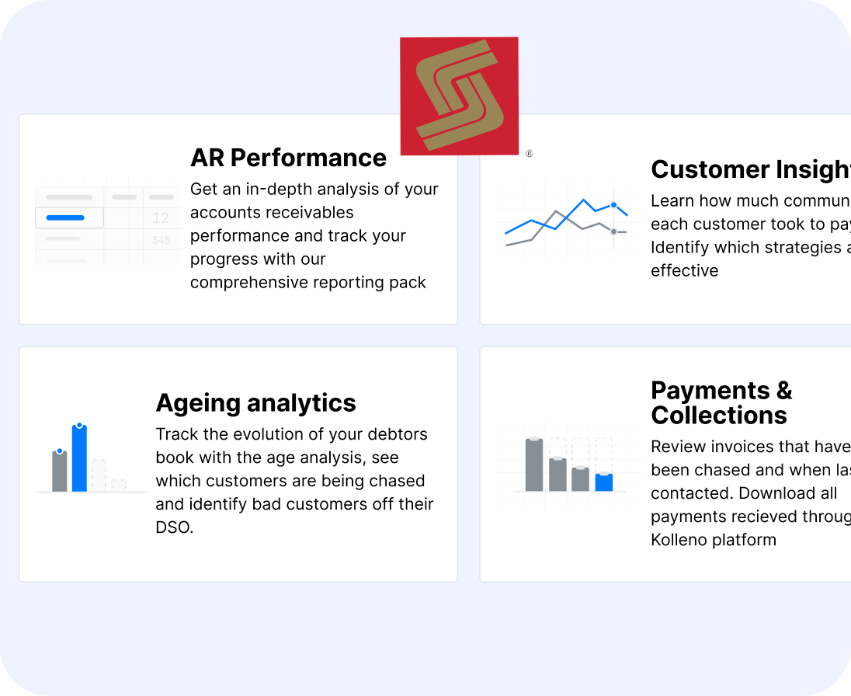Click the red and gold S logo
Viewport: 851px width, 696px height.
(459, 96)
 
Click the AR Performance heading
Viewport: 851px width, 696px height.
(288, 158)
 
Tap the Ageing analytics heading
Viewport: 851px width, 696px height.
(255, 402)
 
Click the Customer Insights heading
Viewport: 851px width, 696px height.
(750, 169)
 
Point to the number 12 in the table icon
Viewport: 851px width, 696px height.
(161, 218)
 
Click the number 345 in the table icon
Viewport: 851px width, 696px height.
(161, 241)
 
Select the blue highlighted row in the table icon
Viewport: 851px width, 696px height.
(69, 218)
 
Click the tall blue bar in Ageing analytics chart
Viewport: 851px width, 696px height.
(79, 458)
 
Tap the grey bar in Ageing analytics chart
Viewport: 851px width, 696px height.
(60, 471)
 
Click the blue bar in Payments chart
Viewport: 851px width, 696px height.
(604, 482)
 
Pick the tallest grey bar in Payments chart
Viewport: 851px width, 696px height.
(534, 465)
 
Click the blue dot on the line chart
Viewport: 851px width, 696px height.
(613, 205)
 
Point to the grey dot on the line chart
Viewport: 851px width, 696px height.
(613, 231)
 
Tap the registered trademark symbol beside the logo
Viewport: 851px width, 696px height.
(529, 154)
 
